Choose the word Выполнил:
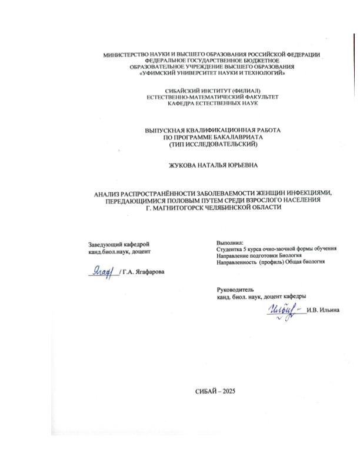229,242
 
